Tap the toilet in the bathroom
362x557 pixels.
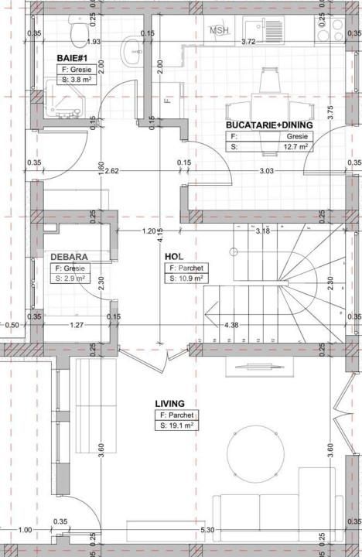pos(75,32)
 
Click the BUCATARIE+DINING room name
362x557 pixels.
pos(268,124)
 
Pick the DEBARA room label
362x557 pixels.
pos(68,256)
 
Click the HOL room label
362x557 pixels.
pos(172,257)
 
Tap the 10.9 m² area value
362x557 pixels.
pos(190,278)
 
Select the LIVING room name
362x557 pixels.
pos(169,403)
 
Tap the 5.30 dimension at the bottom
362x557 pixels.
pos(206,529)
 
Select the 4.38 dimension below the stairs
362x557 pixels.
pos(231,325)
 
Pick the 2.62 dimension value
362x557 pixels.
pos(111,170)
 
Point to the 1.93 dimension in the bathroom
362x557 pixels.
pos(94,42)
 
